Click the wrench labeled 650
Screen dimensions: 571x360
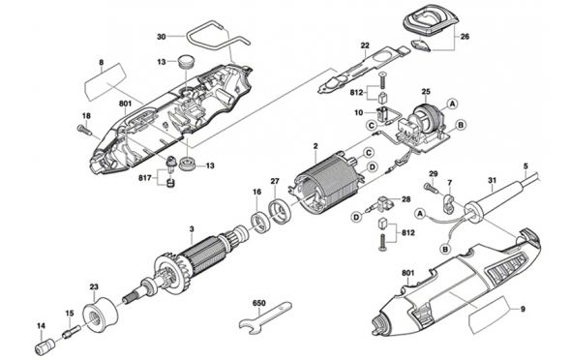(265, 317)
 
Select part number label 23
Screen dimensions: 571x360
(94, 286)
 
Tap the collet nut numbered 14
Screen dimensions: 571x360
(45, 346)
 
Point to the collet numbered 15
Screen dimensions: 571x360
(72, 331)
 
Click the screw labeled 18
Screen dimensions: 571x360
(85, 130)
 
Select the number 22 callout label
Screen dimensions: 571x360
(365, 45)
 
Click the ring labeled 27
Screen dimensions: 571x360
(280, 212)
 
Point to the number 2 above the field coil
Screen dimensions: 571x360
(316, 146)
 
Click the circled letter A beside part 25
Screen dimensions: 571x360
(452, 104)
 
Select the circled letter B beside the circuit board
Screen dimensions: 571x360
(461, 125)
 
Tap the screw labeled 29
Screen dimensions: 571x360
(432, 188)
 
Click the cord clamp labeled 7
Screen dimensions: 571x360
(449, 203)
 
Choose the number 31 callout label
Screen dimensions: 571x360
(493, 180)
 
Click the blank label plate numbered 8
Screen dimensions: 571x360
(105, 83)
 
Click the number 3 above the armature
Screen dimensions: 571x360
(192, 229)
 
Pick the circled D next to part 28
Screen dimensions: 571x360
(356, 217)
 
